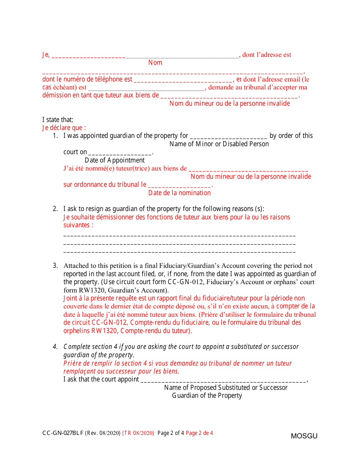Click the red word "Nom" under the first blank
coord(155,63)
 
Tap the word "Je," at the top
coord(45,55)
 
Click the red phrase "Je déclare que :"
coord(64,128)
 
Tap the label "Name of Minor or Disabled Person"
coord(219,144)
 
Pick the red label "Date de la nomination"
coord(179,193)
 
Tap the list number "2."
coord(55,209)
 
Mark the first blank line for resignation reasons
coord(179,236)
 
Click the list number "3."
coord(55,266)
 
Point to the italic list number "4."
coord(55,347)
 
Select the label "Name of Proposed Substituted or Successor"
coord(225,388)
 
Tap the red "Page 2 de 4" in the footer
coord(199,433)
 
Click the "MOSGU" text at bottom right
coord(304,436)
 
